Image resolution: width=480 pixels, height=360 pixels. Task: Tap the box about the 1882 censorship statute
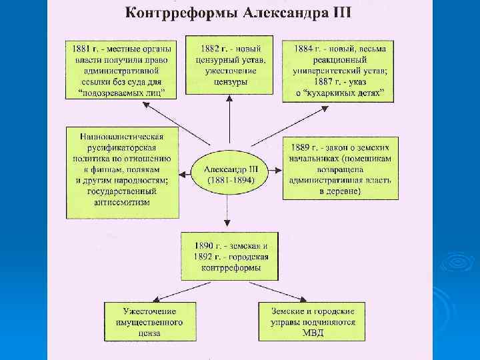(228, 65)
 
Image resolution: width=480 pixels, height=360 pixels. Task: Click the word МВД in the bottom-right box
(313, 333)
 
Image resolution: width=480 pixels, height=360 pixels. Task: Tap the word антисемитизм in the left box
(123, 202)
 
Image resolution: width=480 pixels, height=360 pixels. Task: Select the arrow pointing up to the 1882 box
(229, 120)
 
